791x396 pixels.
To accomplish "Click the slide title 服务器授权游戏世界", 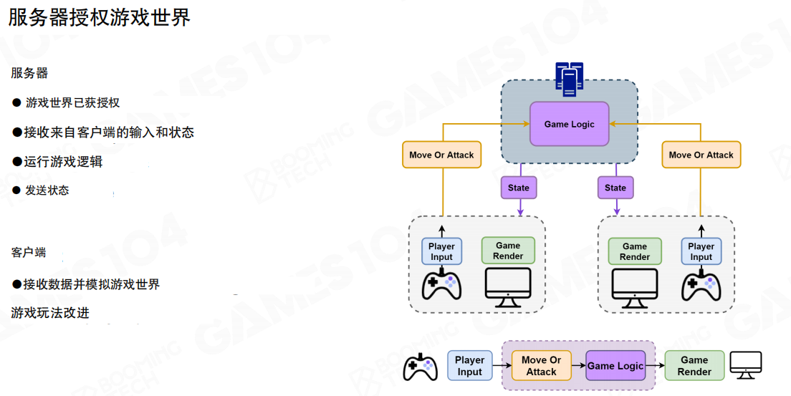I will pyautogui.click(x=100, y=17).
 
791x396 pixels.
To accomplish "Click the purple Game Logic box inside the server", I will pyautogui.click(x=569, y=124).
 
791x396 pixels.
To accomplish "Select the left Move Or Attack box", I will pyautogui.click(x=441, y=155).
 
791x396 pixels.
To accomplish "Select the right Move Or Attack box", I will pyautogui.click(x=701, y=155).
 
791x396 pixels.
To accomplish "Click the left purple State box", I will pyautogui.click(x=518, y=188).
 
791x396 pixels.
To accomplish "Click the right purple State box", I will pyautogui.click(x=615, y=188).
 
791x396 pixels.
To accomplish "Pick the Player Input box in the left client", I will pyautogui.click(x=441, y=251).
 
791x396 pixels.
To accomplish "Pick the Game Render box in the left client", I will pyautogui.click(x=508, y=251).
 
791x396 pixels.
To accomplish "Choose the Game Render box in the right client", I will pyautogui.click(x=634, y=251).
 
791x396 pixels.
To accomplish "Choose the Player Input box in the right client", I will pyautogui.click(x=701, y=251).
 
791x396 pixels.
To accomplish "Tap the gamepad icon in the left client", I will pyautogui.click(x=441, y=284).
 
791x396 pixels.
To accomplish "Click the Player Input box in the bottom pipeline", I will pyautogui.click(x=469, y=365).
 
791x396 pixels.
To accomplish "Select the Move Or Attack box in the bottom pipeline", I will pyautogui.click(x=541, y=366).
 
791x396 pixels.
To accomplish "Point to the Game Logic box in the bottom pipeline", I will pyautogui.click(x=615, y=366).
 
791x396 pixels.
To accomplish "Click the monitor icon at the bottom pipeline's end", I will pyautogui.click(x=745, y=365).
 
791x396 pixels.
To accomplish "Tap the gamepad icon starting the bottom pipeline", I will pyautogui.click(x=420, y=367).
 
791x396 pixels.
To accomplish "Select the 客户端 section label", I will pyautogui.click(x=29, y=253).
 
